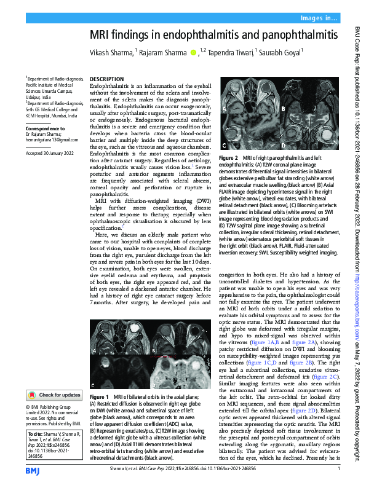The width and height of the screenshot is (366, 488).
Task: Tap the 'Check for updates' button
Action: (x=54, y=395)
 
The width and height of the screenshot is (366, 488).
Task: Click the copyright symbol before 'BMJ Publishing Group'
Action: (x=28, y=407)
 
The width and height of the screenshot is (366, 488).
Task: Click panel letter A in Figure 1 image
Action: (x=95, y=350)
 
